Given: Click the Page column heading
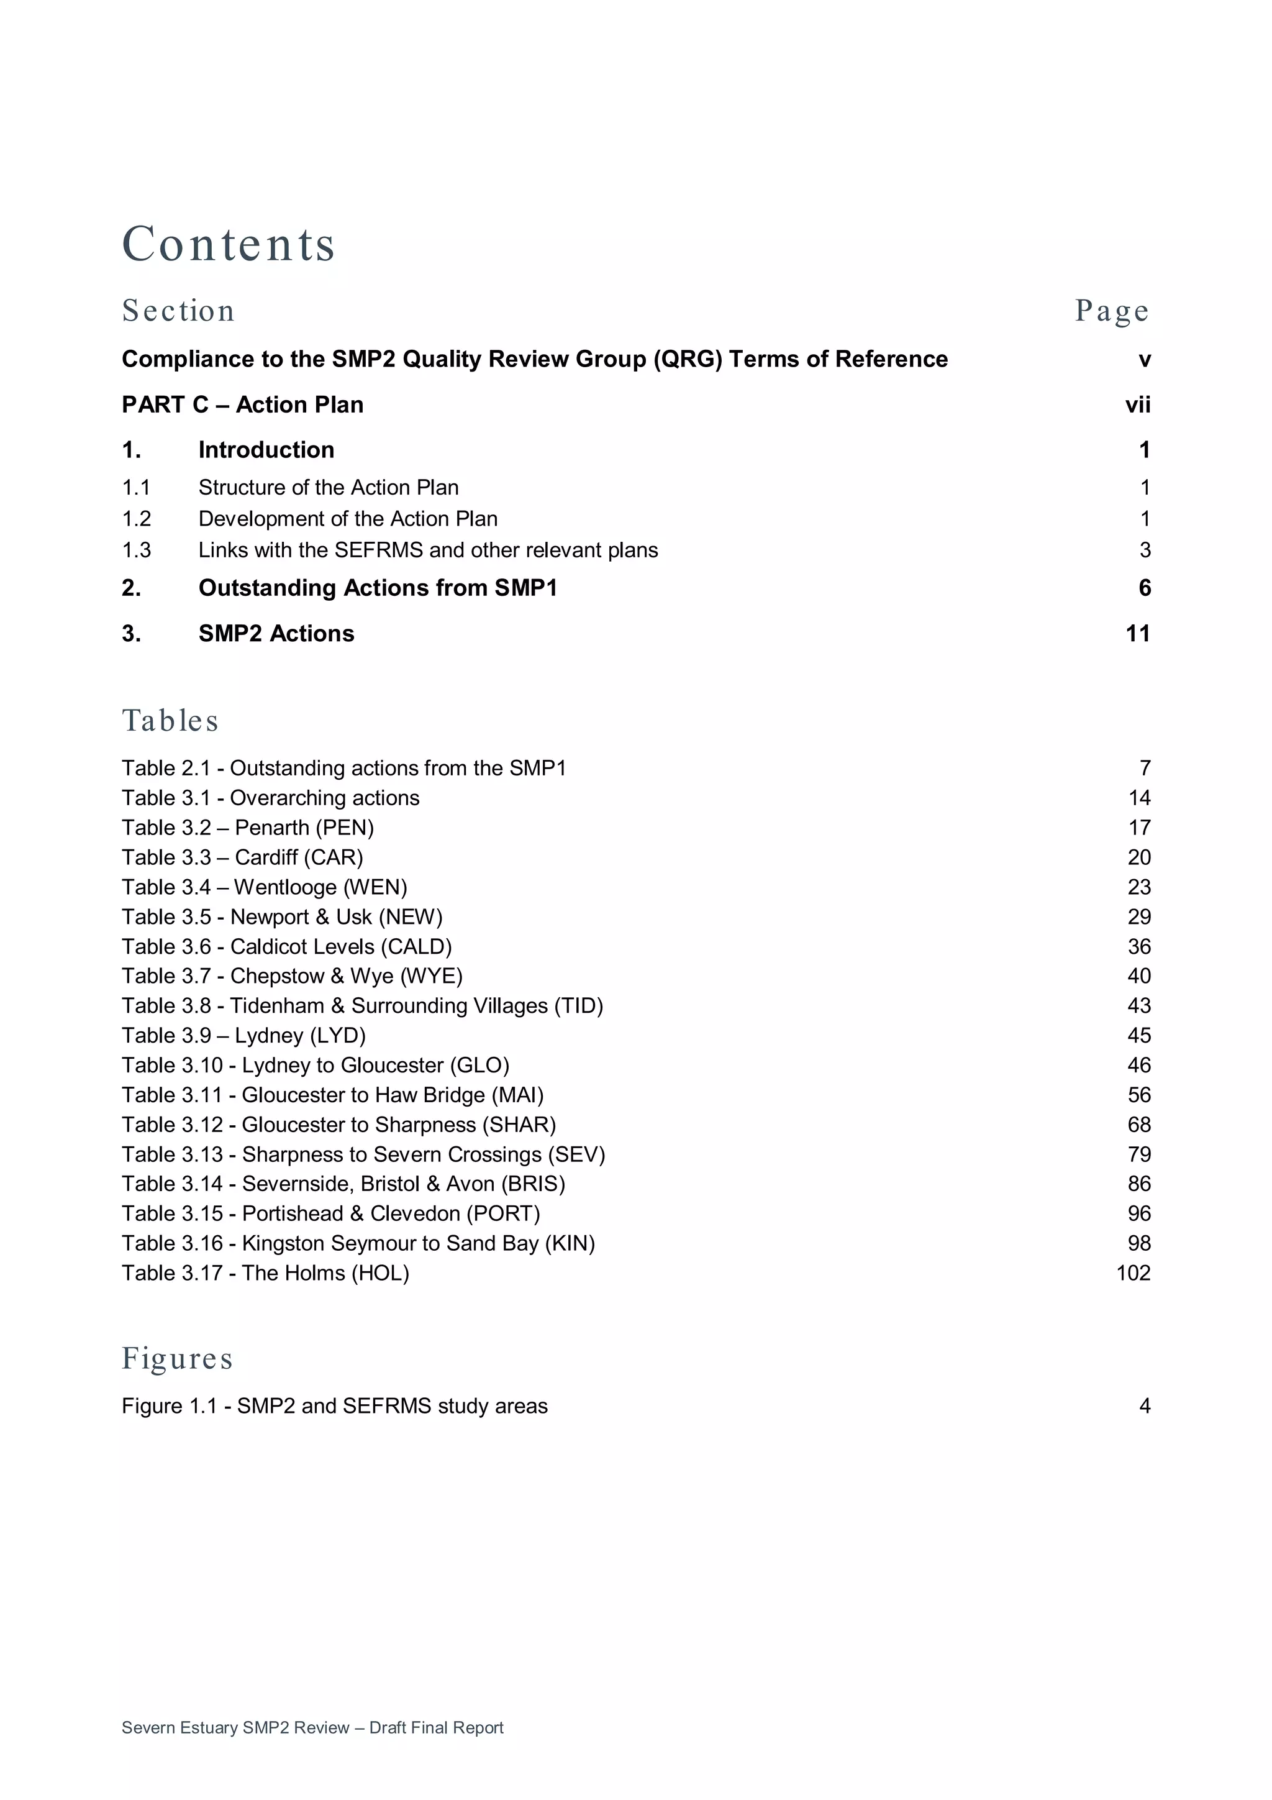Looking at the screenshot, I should (1111, 311).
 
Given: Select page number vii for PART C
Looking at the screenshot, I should (1137, 404).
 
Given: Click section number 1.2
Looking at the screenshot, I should (137, 519).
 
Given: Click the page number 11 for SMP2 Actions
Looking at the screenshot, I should (1137, 634).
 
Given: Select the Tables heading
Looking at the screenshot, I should (170, 721).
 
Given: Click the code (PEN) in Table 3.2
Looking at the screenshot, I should (345, 828).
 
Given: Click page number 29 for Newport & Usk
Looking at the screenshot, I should (1138, 917).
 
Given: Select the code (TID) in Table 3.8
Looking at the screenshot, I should (578, 1006).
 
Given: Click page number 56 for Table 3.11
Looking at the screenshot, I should (1138, 1095).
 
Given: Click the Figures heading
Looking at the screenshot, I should (177, 1359).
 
